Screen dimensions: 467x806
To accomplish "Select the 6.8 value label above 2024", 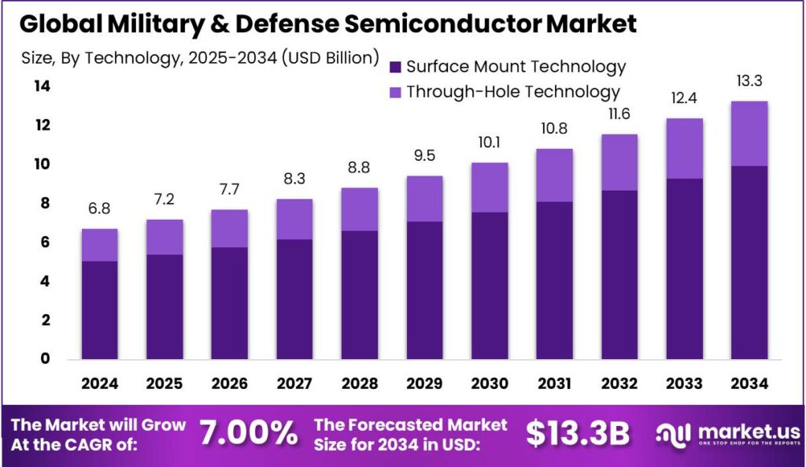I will pyautogui.click(x=100, y=209).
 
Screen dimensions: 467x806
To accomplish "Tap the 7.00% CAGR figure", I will pyautogui.click(x=249, y=433).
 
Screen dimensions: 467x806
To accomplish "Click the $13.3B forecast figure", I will pyautogui.click(x=578, y=433).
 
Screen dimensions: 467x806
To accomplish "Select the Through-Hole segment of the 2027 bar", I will pyautogui.click(x=294, y=219).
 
